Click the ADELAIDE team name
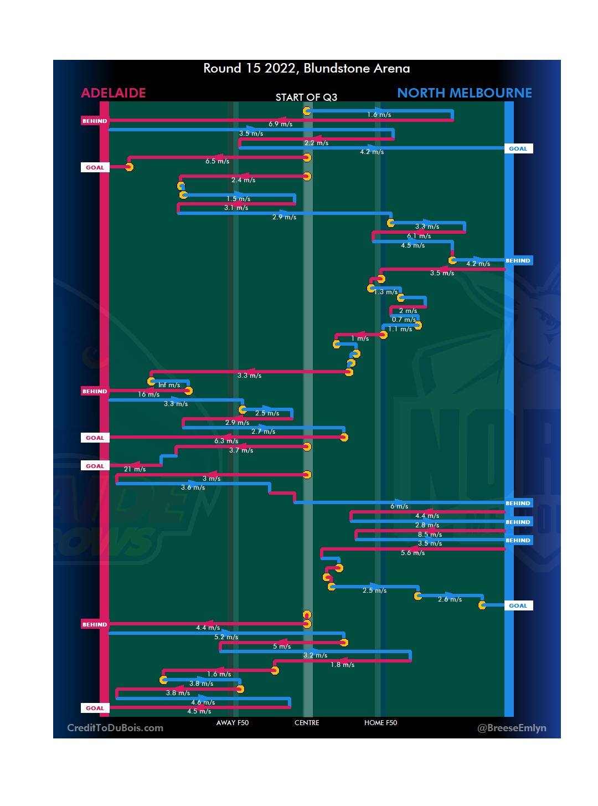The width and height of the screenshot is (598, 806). pos(114,93)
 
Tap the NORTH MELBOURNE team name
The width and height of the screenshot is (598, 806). pos(464,93)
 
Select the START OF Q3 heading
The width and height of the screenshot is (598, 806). pos(306,97)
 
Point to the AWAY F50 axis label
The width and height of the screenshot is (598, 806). pos(232,723)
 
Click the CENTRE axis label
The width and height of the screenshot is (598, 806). pos(307,723)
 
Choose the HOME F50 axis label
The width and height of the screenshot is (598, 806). pos(380,723)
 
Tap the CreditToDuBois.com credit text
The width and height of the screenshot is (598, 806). pos(115,728)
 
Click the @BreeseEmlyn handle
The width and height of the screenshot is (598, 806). pos(512,728)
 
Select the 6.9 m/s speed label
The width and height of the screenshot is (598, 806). pos(281,125)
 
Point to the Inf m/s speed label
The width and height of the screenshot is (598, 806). pos(169,385)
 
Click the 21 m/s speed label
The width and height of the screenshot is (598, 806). pos(135,469)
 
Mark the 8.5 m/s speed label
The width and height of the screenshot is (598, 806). pos(430,535)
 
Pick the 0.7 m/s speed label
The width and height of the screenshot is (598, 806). pos(404,320)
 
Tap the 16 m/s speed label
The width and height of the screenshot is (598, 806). pos(148,394)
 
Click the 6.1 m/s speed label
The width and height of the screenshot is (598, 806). pos(419,236)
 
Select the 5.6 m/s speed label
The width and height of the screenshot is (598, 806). pos(413,553)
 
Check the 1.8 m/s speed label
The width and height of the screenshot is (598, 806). pos(342,665)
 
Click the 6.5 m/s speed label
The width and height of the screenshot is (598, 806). pos(217,161)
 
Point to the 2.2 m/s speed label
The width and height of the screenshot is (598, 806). pos(316,143)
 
